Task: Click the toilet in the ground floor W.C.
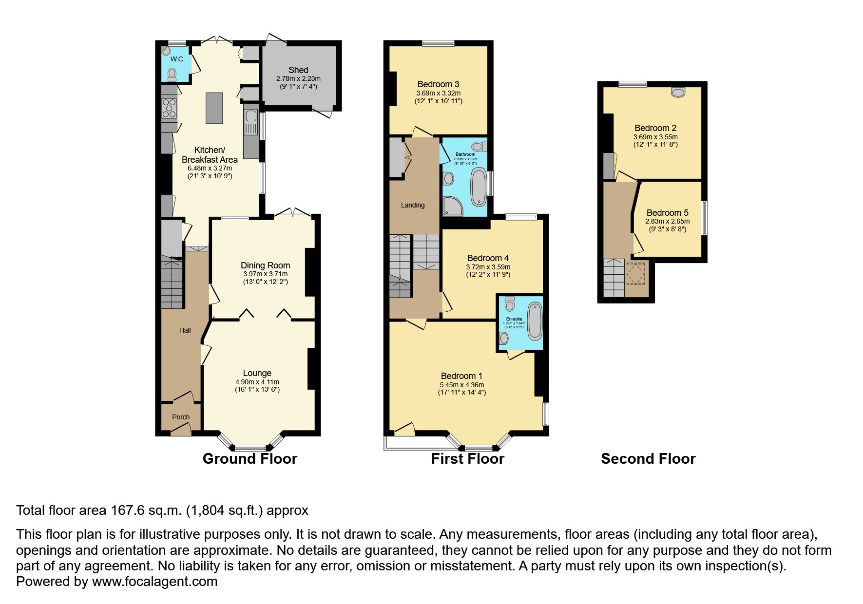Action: coord(172,74)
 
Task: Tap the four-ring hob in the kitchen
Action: coord(169,108)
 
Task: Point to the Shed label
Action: coord(298,70)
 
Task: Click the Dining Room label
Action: coord(265,265)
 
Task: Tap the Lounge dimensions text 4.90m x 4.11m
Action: coord(257,382)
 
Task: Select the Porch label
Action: coord(181,417)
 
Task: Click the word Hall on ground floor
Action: coord(185,330)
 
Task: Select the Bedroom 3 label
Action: coord(438,84)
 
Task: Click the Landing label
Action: coord(413,205)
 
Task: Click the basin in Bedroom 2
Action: coord(678,92)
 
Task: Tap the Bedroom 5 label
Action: coord(667,213)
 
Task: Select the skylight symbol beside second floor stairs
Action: coord(636,273)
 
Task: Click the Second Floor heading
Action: coord(648,459)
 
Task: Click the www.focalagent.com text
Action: coord(154,582)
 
